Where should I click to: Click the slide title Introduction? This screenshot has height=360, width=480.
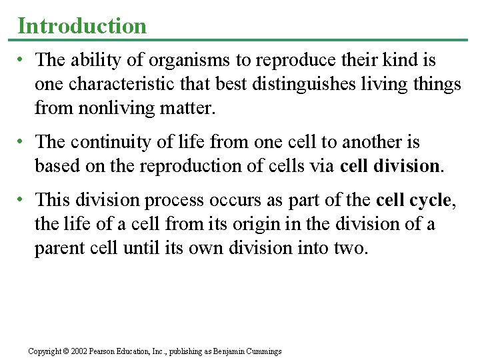(x=82, y=25)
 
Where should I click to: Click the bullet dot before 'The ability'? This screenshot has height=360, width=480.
(x=22, y=61)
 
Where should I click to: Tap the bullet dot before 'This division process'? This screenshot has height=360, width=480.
(x=22, y=199)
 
